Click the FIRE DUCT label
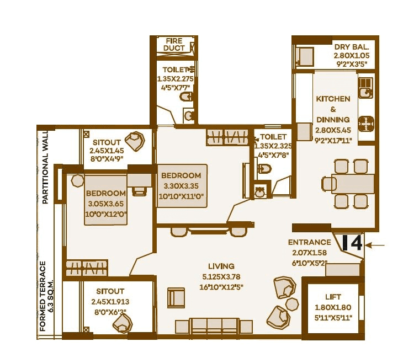click(x=174, y=45)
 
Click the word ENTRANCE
click(x=309, y=242)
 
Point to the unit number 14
click(x=352, y=243)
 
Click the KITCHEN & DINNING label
click(x=333, y=109)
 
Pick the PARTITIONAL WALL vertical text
click(x=45, y=168)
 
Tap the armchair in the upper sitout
click(x=134, y=141)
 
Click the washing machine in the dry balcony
click(x=304, y=56)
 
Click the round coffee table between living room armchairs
click(x=292, y=304)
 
